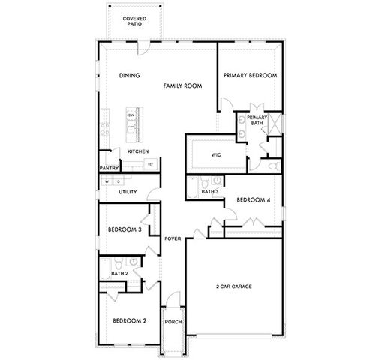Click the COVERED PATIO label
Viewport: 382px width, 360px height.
[x=135, y=20]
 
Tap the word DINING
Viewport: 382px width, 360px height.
[x=130, y=75]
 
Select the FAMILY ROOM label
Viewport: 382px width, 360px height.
[x=184, y=87]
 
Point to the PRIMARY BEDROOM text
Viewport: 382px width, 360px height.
[x=251, y=75]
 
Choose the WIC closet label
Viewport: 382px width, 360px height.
[x=216, y=155]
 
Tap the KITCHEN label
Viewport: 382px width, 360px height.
[x=138, y=151]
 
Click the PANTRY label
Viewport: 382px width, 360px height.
[x=110, y=168]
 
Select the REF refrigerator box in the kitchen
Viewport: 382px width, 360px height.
[x=151, y=163]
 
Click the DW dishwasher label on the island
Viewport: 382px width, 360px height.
[x=131, y=115]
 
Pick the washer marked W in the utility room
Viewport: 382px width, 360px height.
[x=107, y=181]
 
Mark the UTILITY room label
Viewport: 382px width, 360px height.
[x=128, y=192]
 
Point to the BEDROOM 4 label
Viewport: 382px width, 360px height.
[x=253, y=200]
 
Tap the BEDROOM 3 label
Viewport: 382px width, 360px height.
[x=125, y=229]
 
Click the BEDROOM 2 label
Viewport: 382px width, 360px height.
[x=129, y=320]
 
